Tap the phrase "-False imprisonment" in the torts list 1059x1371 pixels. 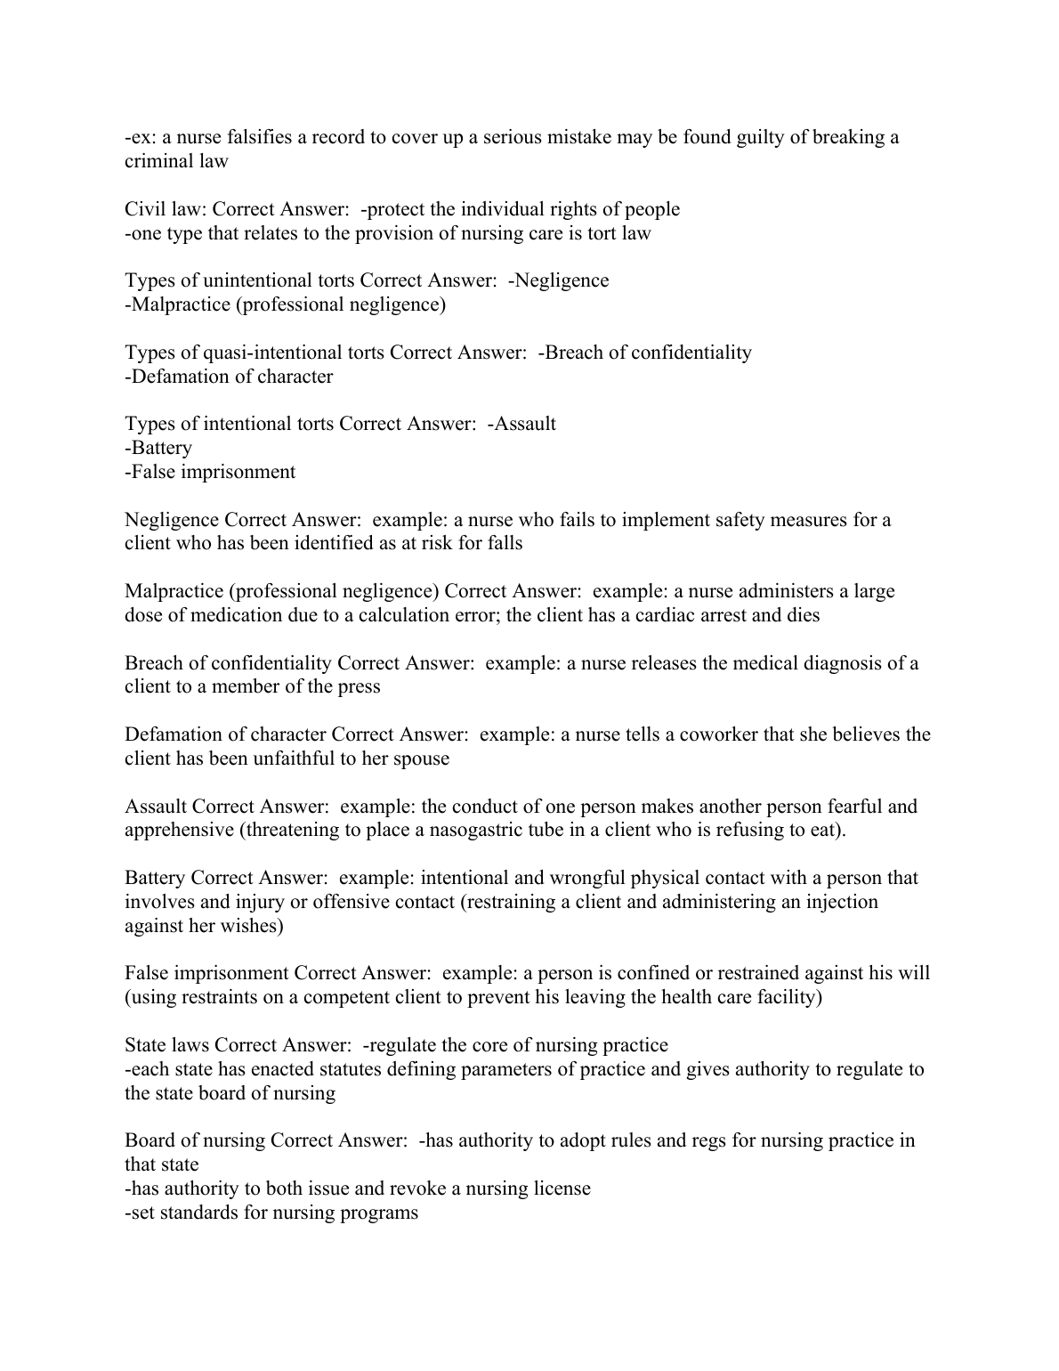210,472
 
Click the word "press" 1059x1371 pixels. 358,686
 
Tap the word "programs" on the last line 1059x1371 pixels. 378,1213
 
